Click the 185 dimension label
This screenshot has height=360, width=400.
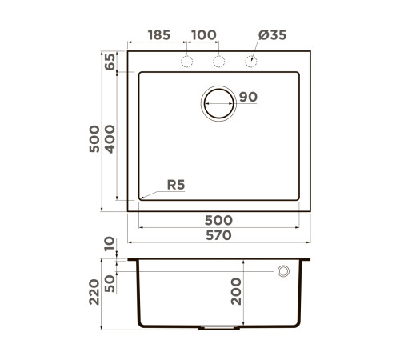[x=159, y=35]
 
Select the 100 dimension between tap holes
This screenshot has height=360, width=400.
[x=204, y=35]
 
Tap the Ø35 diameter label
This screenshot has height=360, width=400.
[x=272, y=35]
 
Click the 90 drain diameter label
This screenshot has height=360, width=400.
[x=247, y=98]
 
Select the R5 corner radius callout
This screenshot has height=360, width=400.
[x=175, y=185]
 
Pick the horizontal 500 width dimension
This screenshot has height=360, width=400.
[x=218, y=220]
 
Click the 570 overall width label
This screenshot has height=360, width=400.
[x=218, y=235]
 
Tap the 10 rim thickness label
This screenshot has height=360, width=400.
[x=110, y=243]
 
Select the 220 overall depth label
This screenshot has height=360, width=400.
[x=94, y=293]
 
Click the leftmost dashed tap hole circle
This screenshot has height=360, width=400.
[x=189, y=62]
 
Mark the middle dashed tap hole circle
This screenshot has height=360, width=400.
[x=219, y=62]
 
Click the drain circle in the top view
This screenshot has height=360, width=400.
[x=219, y=103]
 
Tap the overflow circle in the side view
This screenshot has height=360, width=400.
[x=283, y=272]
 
